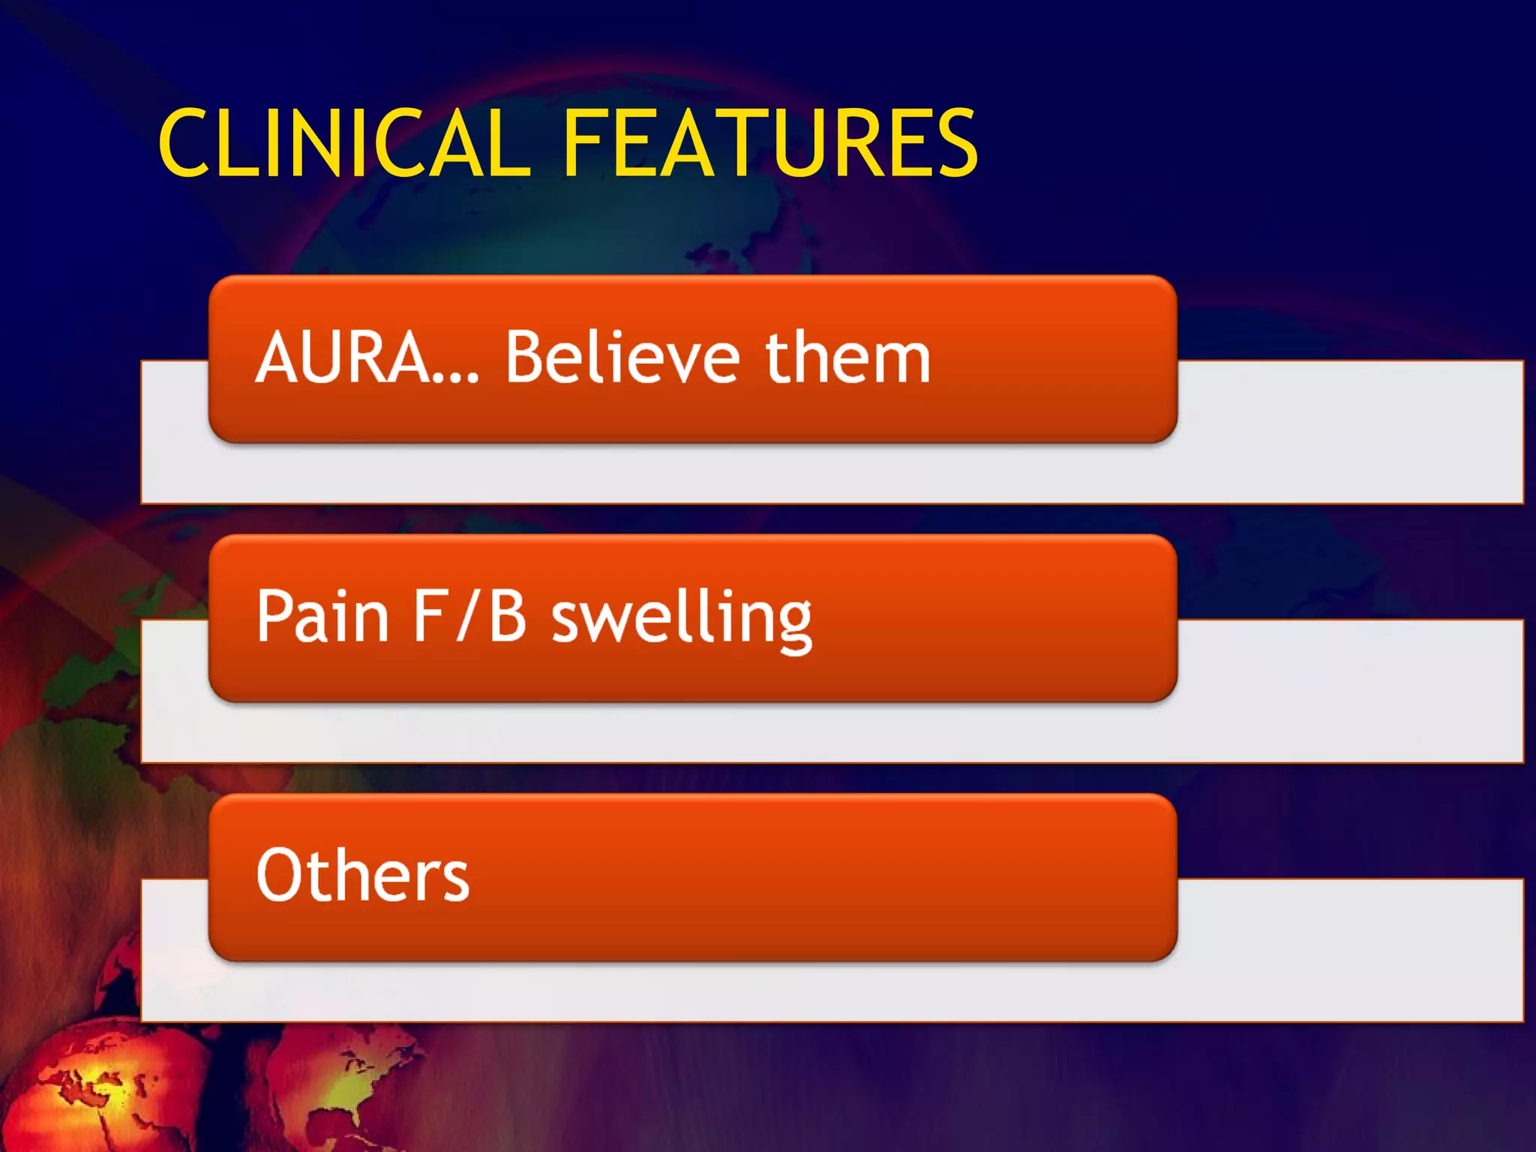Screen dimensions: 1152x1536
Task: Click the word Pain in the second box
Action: coord(322,616)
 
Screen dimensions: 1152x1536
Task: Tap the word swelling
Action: coord(682,618)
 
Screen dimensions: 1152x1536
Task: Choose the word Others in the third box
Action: coord(363,874)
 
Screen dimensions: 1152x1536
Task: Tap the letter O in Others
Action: coord(280,874)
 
